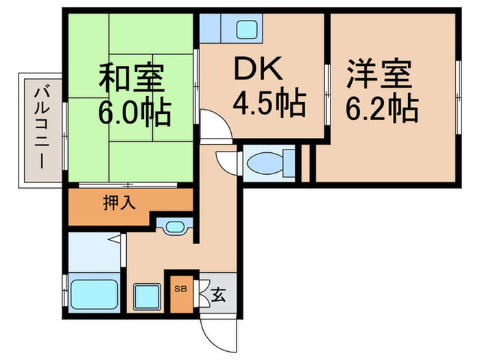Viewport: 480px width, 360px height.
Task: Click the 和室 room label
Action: click(132, 80)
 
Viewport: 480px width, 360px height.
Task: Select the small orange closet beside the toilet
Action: click(307, 164)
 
